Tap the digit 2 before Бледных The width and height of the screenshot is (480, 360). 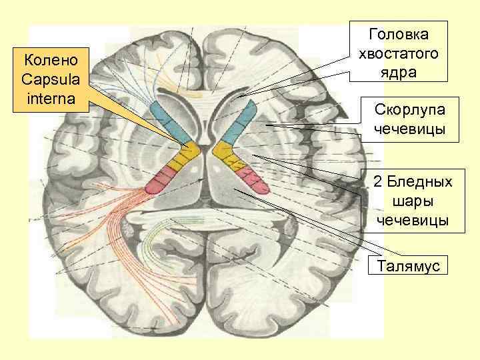[377, 182]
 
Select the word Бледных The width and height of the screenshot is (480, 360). [413, 182]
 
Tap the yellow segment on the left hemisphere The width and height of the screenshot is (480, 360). [181, 158]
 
